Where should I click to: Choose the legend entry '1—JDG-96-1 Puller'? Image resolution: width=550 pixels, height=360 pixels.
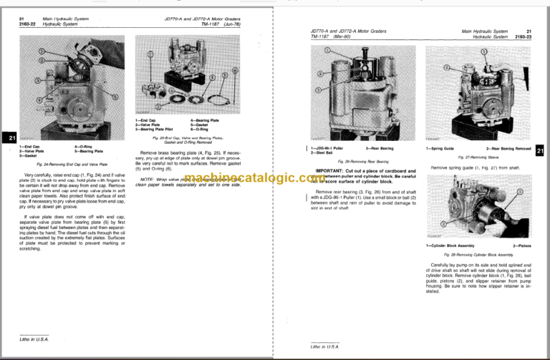(324, 147)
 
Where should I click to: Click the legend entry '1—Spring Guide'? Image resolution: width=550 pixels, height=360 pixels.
(441, 147)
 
